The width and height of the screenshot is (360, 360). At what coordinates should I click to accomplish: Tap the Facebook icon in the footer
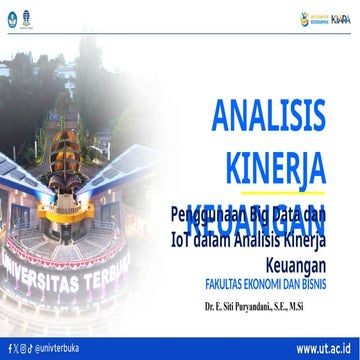click(8, 347)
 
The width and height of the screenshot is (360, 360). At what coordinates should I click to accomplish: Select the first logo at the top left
click(12, 16)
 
